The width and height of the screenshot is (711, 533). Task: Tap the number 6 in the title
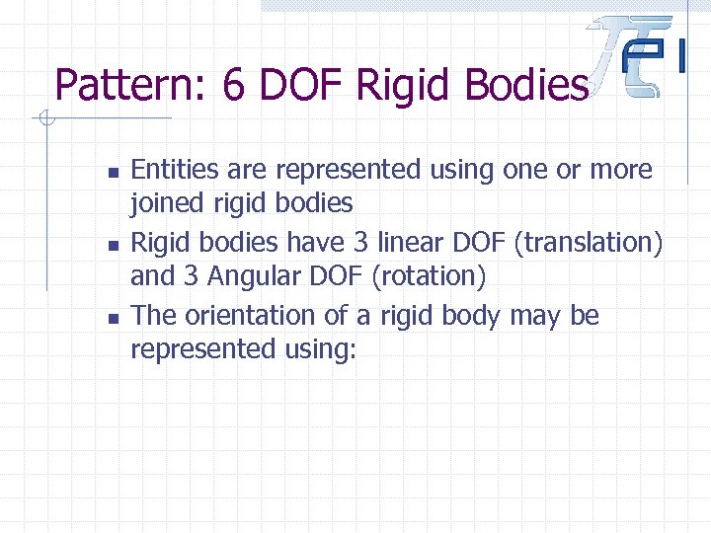(x=233, y=85)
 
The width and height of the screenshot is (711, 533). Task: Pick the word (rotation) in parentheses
(x=429, y=277)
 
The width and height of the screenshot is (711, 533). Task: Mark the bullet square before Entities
(x=113, y=172)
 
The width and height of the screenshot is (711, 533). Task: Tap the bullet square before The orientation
(x=113, y=318)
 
